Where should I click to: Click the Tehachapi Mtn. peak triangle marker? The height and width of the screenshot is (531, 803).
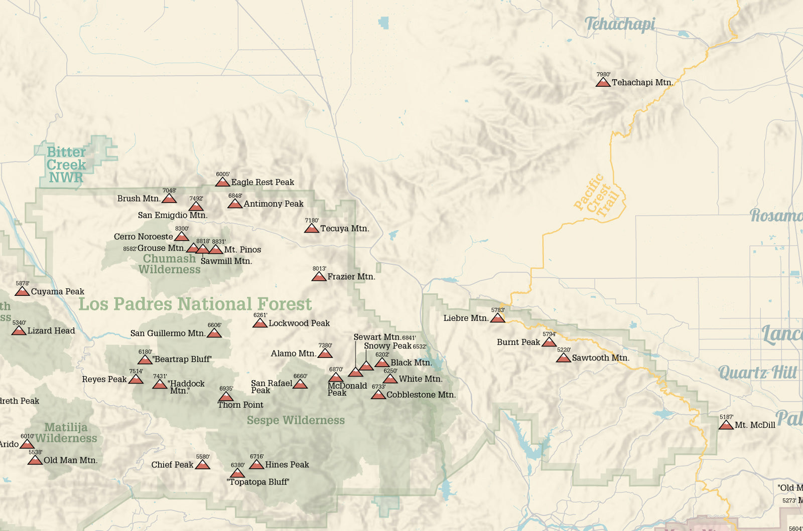pyautogui.click(x=603, y=83)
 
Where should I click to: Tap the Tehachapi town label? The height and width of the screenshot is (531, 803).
pyautogui.click(x=620, y=24)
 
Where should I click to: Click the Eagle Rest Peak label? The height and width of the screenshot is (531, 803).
pyautogui.click(x=262, y=183)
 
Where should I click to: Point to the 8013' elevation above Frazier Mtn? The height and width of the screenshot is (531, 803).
pyautogui.click(x=319, y=269)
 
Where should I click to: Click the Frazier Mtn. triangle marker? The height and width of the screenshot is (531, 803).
pyautogui.click(x=319, y=277)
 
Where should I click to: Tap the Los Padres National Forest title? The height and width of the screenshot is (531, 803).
pyautogui.click(x=195, y=304)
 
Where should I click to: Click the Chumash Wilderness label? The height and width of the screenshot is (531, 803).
pyautogui.click(x=169, y=264)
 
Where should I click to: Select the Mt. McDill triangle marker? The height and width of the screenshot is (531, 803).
pyautogui.click(x=726, y=426)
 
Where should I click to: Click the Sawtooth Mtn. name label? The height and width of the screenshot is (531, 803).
pyautogui.click(x=600, y=358)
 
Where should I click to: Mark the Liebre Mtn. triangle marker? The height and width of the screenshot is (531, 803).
pyautogui.click(x=497, y=318)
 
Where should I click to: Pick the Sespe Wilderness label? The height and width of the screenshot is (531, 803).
pyautogui.click(x=296, y=420)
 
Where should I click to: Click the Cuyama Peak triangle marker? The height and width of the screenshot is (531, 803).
pyautogui.click(x=22, y=292)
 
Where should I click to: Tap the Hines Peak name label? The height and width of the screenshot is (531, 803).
pyautogui.click(x=287, y=465)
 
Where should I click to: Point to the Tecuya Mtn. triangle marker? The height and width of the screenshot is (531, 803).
pyautogui.click(x=312, y=229)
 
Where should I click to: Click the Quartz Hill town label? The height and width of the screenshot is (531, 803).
pyautogui.click(x=757, y=373)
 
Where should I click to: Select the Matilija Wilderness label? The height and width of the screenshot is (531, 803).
pyautogui.click(x=66, y=433)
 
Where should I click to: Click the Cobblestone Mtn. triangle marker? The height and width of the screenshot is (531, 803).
pyautogui.click(x=378, y=395)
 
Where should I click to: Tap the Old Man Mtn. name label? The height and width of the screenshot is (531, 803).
pyautogui.click(x=70, y=460)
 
